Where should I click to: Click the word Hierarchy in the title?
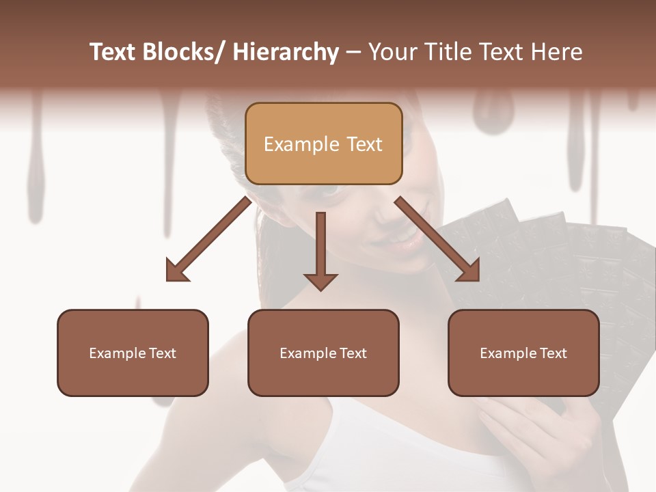[286, 52]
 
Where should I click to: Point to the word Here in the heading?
[558, 52]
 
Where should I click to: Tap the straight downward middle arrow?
[320, 246]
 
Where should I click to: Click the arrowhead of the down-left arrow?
[176, 271]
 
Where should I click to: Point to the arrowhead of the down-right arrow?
[469, 271]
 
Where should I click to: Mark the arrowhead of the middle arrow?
[320, 281]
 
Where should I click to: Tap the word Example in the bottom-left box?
[118, 353]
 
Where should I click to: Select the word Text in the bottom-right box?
[553, 353]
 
